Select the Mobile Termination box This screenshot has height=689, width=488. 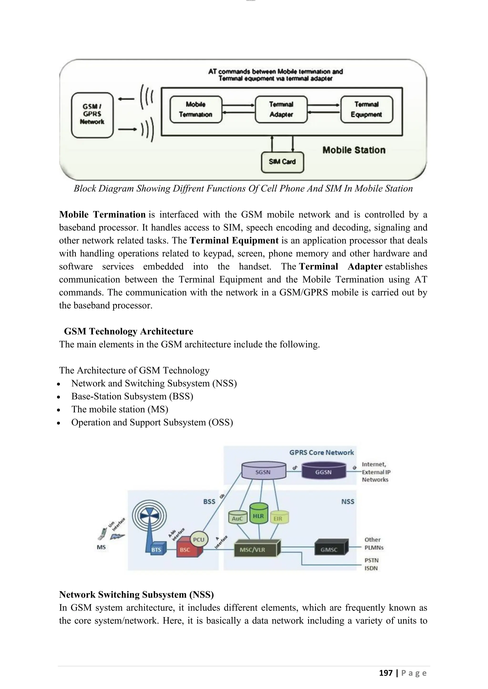196,109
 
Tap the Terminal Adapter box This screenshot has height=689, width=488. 281,109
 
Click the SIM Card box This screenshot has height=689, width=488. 282,162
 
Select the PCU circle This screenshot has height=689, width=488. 199,539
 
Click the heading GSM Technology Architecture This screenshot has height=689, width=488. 129,331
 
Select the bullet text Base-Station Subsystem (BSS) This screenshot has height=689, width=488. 132,396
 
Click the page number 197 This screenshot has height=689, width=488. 386,673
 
